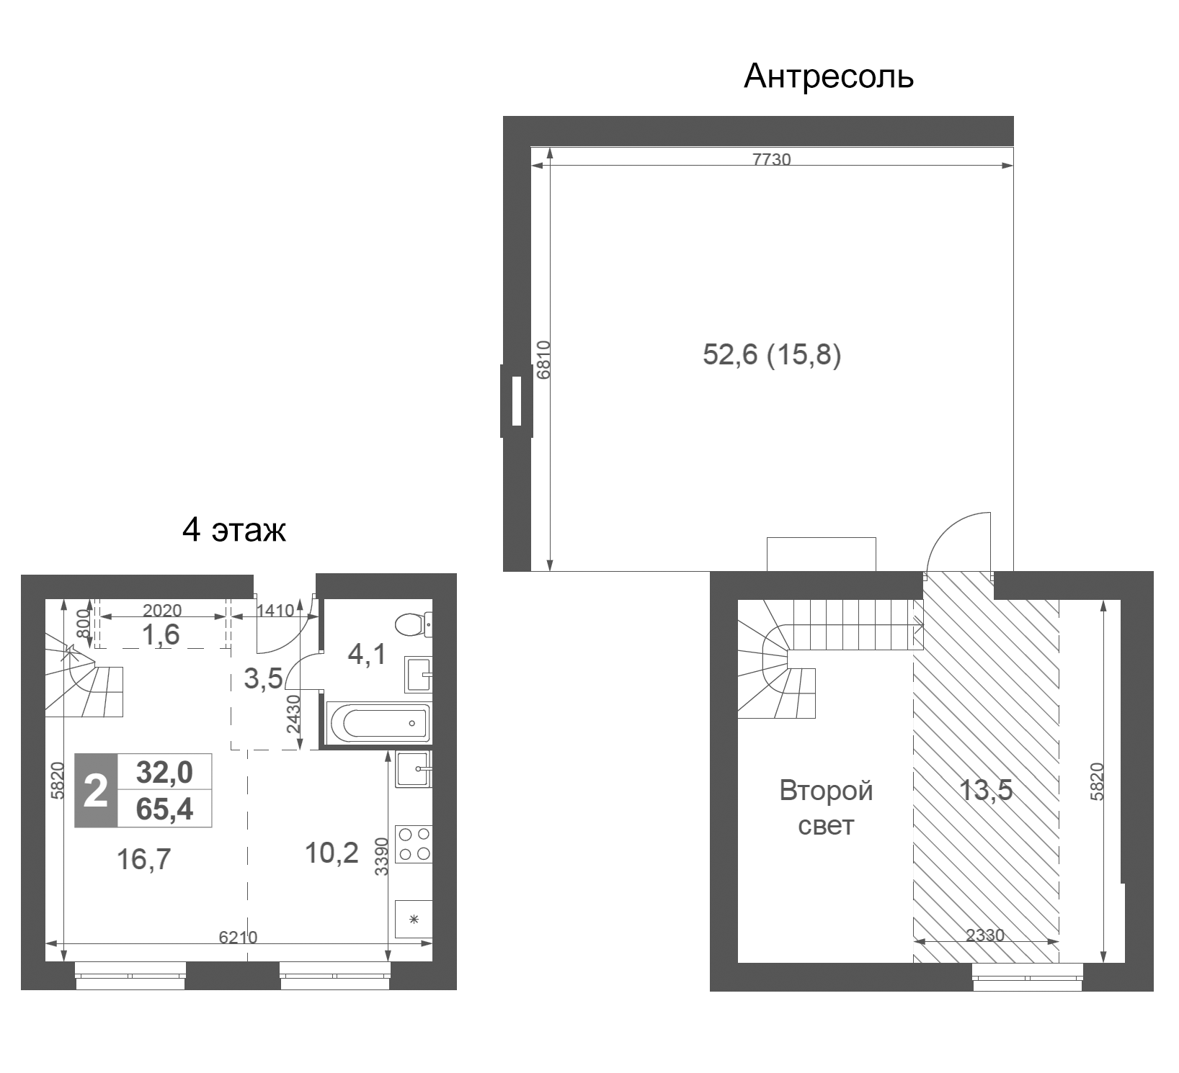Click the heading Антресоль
pos(828,76)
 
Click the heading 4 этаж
pos(234,530)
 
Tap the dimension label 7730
pos(771,159)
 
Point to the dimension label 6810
pos(544,359)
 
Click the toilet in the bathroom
pos(414,624)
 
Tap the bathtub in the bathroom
pos(379,722)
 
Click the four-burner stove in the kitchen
pos(414,844)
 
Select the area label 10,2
pos(332,853)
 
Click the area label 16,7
pos(144,859)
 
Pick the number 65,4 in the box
pos(165,809)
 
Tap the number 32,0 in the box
pos(165,773)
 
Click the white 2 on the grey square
pos(96,791)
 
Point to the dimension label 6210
pos(238,937)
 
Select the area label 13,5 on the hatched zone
pos(985,791)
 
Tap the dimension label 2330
pos(984,935)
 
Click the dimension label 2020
pos(162,611)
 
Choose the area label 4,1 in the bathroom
pos(367,655)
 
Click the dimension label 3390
pos(382,856)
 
